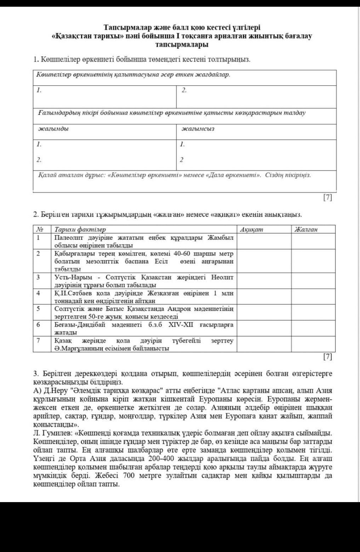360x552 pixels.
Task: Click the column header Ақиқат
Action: pos(251,229)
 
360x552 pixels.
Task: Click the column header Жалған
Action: pos(306,229)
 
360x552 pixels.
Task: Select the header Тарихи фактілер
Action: pos(80,229)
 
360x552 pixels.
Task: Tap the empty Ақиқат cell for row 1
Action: pos(264,241)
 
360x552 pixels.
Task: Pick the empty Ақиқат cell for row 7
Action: pos(264,344)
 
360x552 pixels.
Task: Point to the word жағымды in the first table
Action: pos(53,129)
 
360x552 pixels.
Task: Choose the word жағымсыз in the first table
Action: pos(198,129)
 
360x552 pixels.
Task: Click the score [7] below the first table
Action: pos(328,198)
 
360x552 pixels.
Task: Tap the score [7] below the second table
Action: pos(328,357)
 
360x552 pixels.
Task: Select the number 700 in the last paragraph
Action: pos(130,475)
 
